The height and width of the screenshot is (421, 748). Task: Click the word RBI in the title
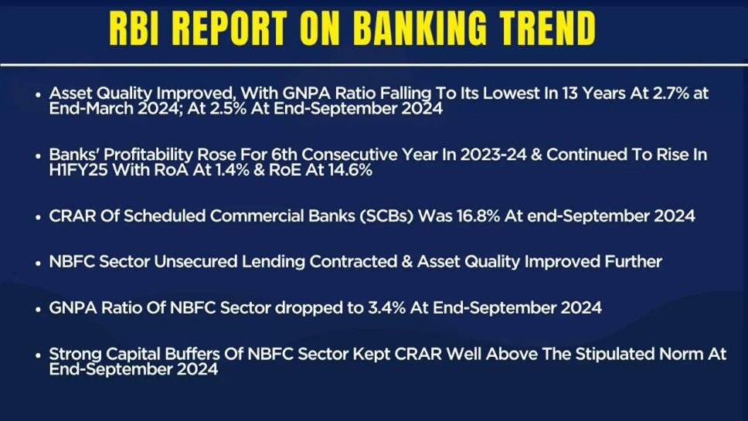coord(134,29)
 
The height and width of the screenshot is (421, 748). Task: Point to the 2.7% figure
coord(671,93)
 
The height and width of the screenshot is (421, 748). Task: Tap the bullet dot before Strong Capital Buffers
coord(38,355)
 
